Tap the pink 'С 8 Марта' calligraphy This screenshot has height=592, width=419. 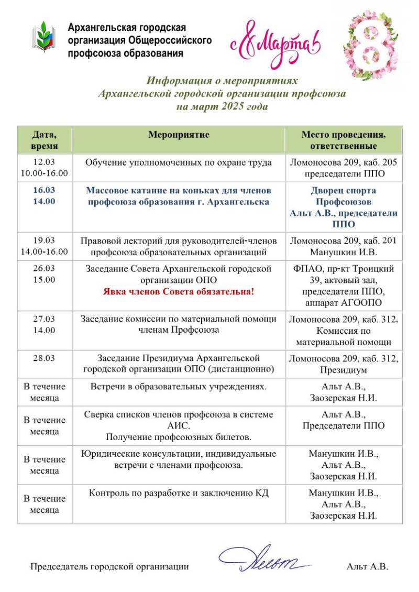coord(275,45)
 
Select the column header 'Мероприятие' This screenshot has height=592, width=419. coord(179,135)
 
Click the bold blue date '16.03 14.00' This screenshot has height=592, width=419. coord(45,195)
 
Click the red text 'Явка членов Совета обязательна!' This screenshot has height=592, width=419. coord(179,291)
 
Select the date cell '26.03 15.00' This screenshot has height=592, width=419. coord(45,274)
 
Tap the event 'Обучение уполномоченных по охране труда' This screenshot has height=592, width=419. coord(179,162)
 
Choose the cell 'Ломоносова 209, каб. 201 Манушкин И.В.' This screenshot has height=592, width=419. coord(343,246)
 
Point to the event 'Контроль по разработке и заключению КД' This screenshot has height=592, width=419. coord(179,493)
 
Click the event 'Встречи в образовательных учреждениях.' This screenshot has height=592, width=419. coord(179,387)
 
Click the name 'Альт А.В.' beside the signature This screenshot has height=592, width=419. coord(367,566)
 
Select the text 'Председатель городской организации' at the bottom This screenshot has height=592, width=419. coord(109,566)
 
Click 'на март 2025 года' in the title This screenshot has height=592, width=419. coord(222,106)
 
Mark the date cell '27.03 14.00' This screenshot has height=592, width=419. coord(45,324)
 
